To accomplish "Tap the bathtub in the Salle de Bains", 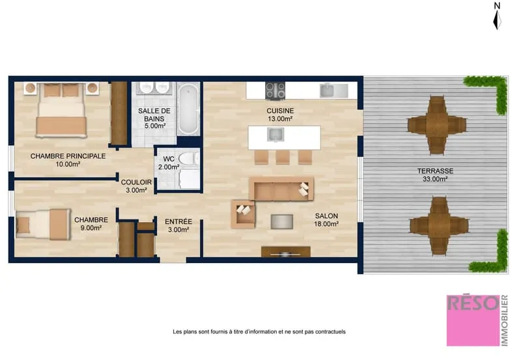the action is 188,109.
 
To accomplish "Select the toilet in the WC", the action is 189,158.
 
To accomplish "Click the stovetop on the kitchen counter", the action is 275,90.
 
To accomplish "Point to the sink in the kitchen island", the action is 275,135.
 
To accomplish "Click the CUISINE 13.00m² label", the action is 280,115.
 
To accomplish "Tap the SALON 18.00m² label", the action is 326,220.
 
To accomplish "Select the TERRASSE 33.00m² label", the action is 435,175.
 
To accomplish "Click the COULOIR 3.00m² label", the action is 136,186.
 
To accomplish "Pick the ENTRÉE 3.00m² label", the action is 178,225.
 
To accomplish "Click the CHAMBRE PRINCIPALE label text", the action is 68,156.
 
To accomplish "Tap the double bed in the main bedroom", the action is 61,110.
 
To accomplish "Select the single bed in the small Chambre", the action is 43,225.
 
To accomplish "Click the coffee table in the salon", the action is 282,221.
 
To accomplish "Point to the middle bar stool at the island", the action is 283,158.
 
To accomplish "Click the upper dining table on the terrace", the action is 436,125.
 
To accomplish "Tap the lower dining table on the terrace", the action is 439,226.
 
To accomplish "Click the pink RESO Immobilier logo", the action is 477,320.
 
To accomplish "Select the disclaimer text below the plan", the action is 259,331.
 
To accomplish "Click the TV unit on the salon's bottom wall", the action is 286,251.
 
